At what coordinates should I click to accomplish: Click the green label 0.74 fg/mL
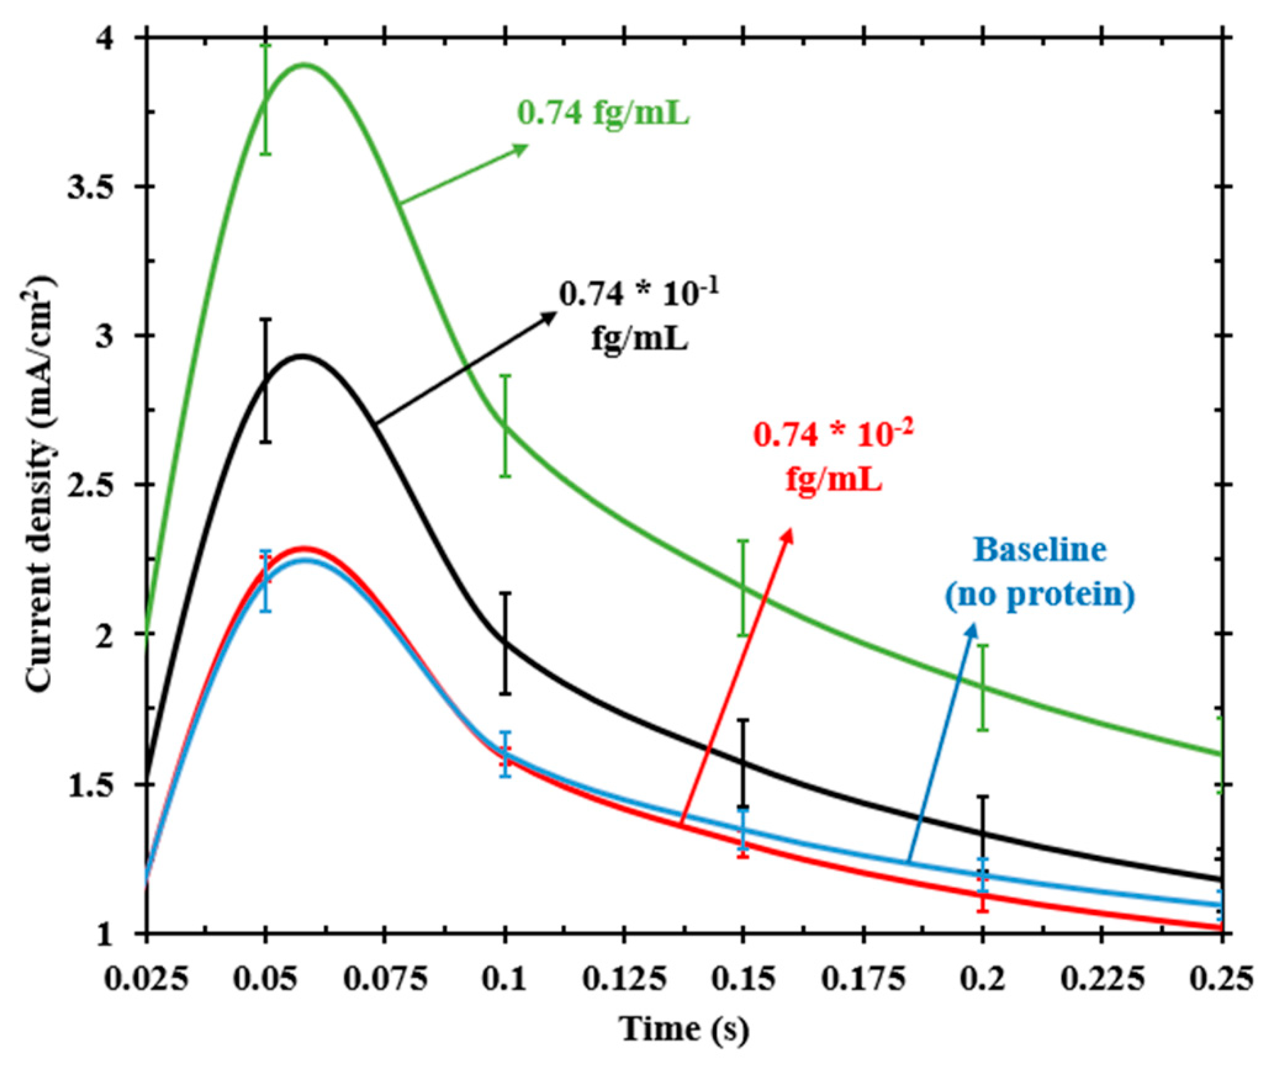pos(603,113)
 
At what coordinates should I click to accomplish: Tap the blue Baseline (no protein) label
pos(1040,573)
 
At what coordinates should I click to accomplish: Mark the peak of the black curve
pos(302,356)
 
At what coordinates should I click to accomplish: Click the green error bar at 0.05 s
pos(265,100)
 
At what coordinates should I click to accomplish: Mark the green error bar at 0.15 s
pos(744,588)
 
